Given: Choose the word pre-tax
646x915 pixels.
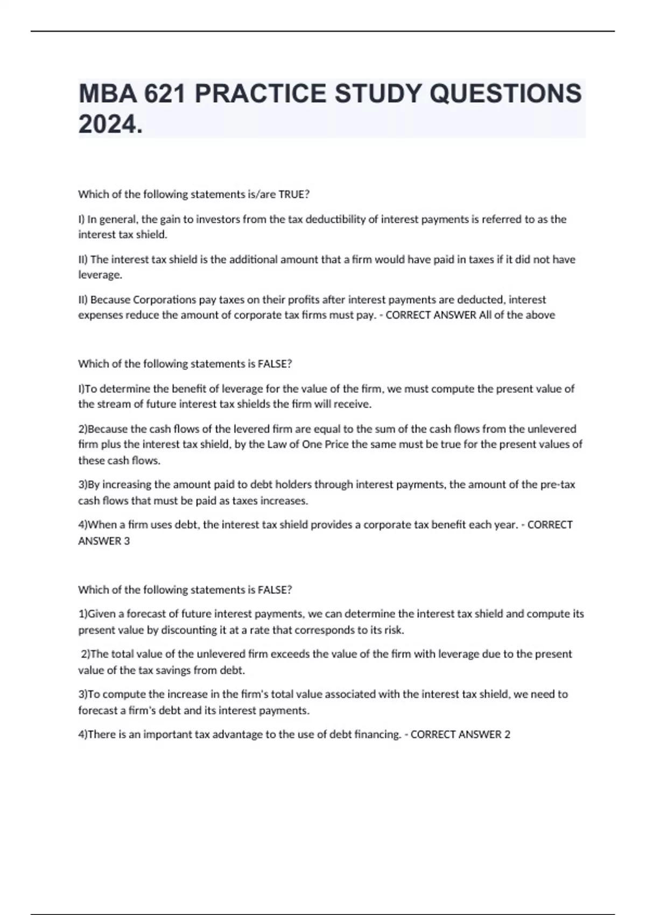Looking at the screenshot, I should pos(558,484).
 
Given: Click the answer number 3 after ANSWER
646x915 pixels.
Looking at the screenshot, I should pos(127,541).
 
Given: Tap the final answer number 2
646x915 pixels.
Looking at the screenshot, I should pos(507,734).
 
